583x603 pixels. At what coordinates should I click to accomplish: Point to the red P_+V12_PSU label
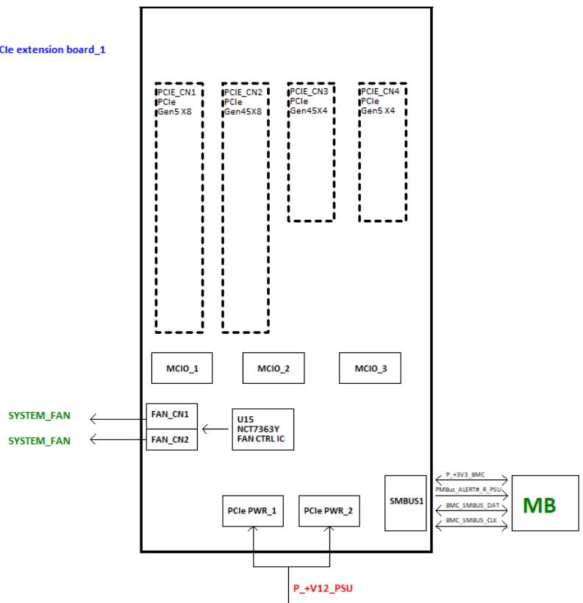[323, 588]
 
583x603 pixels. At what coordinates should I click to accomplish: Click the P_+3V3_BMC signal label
[465, 474]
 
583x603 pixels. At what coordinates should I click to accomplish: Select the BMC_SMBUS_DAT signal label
[472, 505]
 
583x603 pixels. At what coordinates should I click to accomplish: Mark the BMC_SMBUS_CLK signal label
[471, 521]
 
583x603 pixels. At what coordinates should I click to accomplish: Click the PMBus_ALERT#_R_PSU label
[468, 490]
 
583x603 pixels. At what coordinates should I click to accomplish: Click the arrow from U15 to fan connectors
[215, 429]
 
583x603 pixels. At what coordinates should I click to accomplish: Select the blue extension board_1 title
[53, 49]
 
